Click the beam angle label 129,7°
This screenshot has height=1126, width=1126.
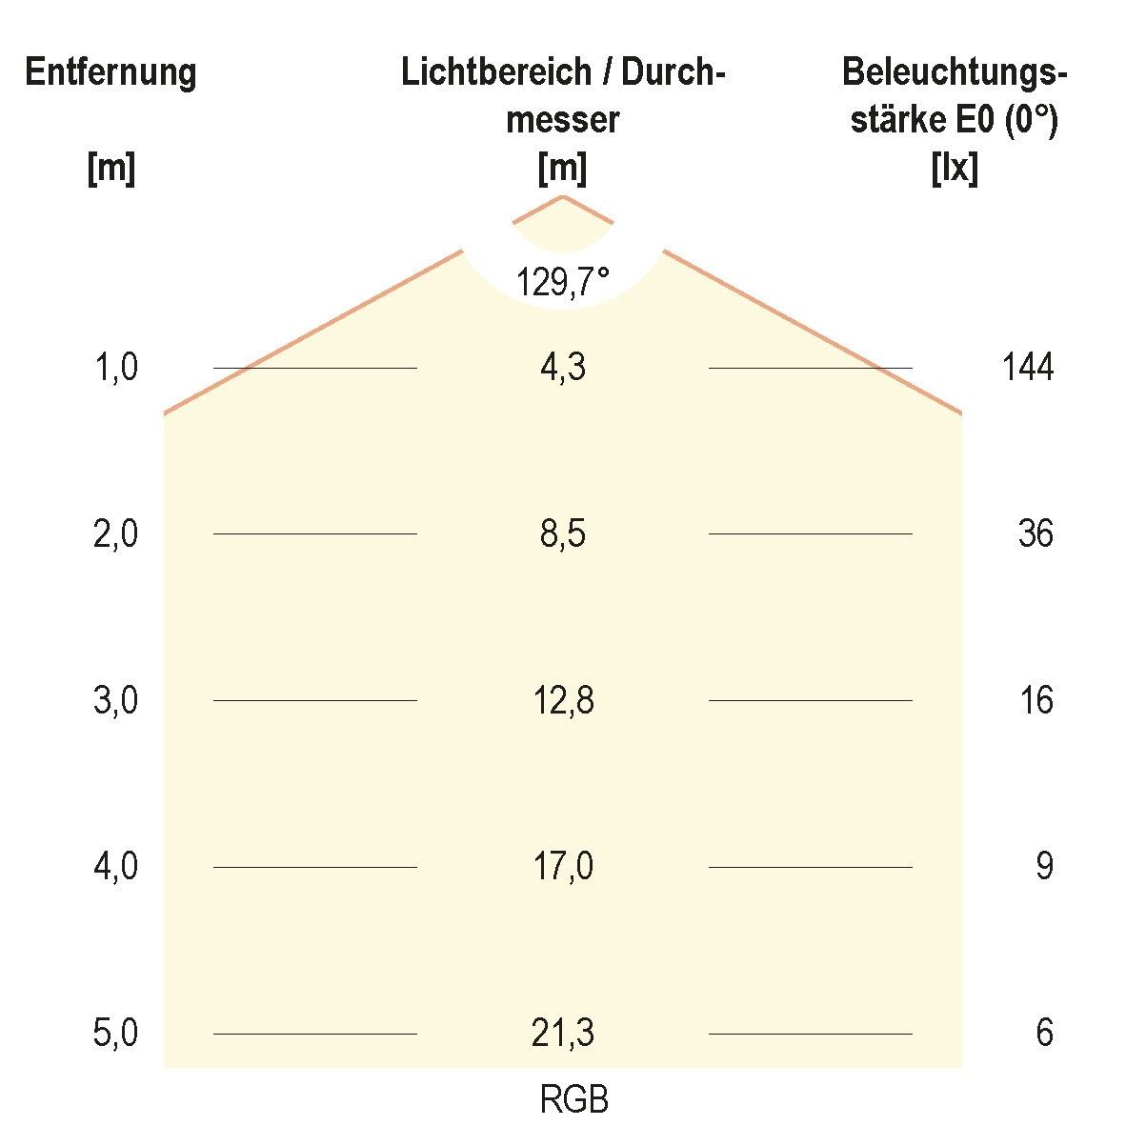pyautogui.click(x=562, y=282)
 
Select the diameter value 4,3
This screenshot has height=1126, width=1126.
pyautogui.click(x=562, y=368)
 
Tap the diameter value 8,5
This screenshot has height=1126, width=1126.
pyautogui.click(x=562, y=534)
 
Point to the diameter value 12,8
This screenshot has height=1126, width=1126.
pyautogui.click(x=563, y=701)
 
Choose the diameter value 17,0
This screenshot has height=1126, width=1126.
pyautogui.click(x=563, y=867)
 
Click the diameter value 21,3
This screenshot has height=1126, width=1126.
pyautogui.click(x=563, y=1034)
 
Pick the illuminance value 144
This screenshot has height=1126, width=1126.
pyautogui.click(x=1028, y=367)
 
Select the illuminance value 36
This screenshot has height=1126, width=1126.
pyautogui.click(x=1036, y=534)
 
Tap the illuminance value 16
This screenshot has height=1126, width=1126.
pyautogui.click(x=1036, y=701)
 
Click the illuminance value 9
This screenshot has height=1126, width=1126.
pyautogui.click(x=1044, y=867)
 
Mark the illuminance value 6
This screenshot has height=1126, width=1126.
pyautogui.click(x=1044, y=1034)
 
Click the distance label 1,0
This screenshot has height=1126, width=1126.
pyautogui.click(x=116, y=368)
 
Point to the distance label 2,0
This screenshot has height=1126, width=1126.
pyautogui.click(x=116, y=534)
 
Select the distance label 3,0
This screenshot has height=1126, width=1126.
pyautogui.click(x=116, y=701)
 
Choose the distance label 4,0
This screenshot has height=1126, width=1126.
pyautogui.click(x=116, y=867)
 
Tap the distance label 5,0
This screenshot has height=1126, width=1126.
pyautogui.click(x=116, y=1034)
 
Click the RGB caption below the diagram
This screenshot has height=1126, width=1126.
pyautogui.click(x=573, y=1100)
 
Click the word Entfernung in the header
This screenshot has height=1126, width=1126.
pyautogui.click(x=111, y=72)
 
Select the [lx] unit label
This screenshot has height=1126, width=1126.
pyautogui.click(x=954, y=170)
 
